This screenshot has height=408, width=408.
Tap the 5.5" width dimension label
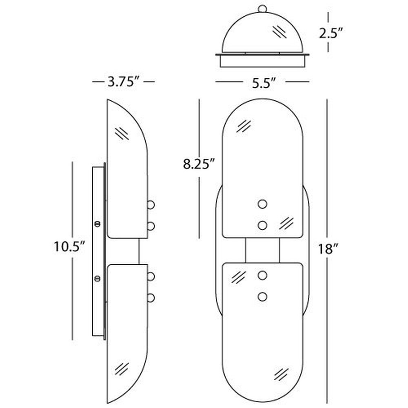click(264, 83)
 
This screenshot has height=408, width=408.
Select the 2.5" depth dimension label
click(331, 33)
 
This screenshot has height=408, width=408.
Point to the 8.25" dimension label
click(199, 164)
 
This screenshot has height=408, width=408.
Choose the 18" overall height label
click(328, 249)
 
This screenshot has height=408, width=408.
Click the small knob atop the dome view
click(262, 9)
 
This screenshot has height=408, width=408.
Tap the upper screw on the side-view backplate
click(98, 224)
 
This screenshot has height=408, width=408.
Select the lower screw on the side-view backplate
click(98, 278)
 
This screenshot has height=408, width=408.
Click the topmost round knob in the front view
click(262, 204)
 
